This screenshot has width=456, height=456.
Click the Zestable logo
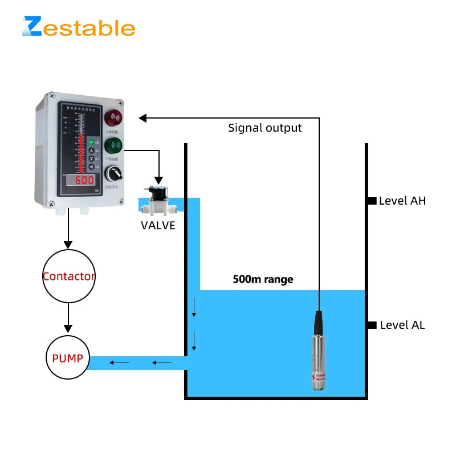(x=79, y=27)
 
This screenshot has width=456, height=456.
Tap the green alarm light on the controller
(x=114, y=145)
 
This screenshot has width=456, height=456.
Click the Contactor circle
(x=68, y=276)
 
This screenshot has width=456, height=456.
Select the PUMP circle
(x=68, y=359)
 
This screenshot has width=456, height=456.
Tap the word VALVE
(x=158, y=226)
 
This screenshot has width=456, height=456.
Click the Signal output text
(x=265, y=128)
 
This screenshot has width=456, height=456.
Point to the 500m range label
(x=263, y=279)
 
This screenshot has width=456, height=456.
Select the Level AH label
(x=402, y=201)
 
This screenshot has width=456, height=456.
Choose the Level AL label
(x=402, y=325)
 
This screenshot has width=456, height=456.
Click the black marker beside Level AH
(x=372, y=201)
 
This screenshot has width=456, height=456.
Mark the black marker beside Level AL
(x=372, y=325)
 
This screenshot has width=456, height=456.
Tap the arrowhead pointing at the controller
(x=142, y=118)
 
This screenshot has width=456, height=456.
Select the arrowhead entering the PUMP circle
(x=68, y=328)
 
